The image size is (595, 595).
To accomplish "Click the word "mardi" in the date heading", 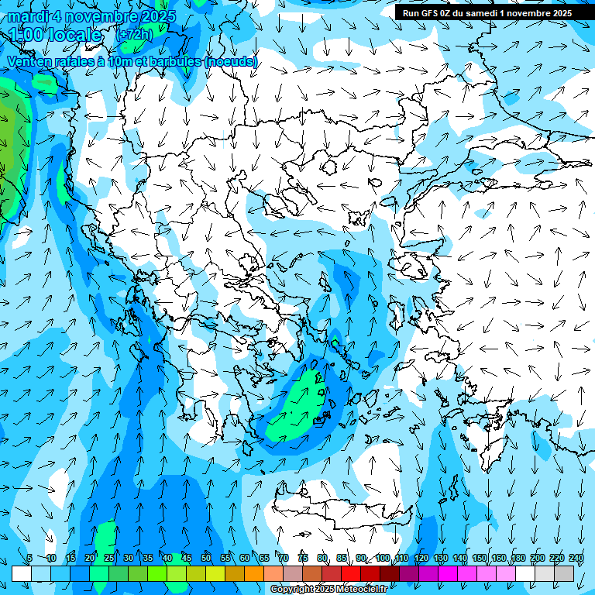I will [24, 15].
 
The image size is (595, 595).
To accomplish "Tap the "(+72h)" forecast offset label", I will [134, 34].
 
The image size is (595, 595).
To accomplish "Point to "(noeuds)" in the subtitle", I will [230, 61].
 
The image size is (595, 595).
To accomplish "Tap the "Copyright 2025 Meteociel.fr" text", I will [329, 590].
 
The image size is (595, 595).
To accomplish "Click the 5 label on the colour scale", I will [29, 559].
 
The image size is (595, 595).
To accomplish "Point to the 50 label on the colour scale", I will [205, 559].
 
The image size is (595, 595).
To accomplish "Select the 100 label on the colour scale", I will [382, 559].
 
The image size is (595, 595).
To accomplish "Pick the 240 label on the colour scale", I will [576, 559].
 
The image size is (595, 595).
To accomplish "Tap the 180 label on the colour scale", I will [518, 559].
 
